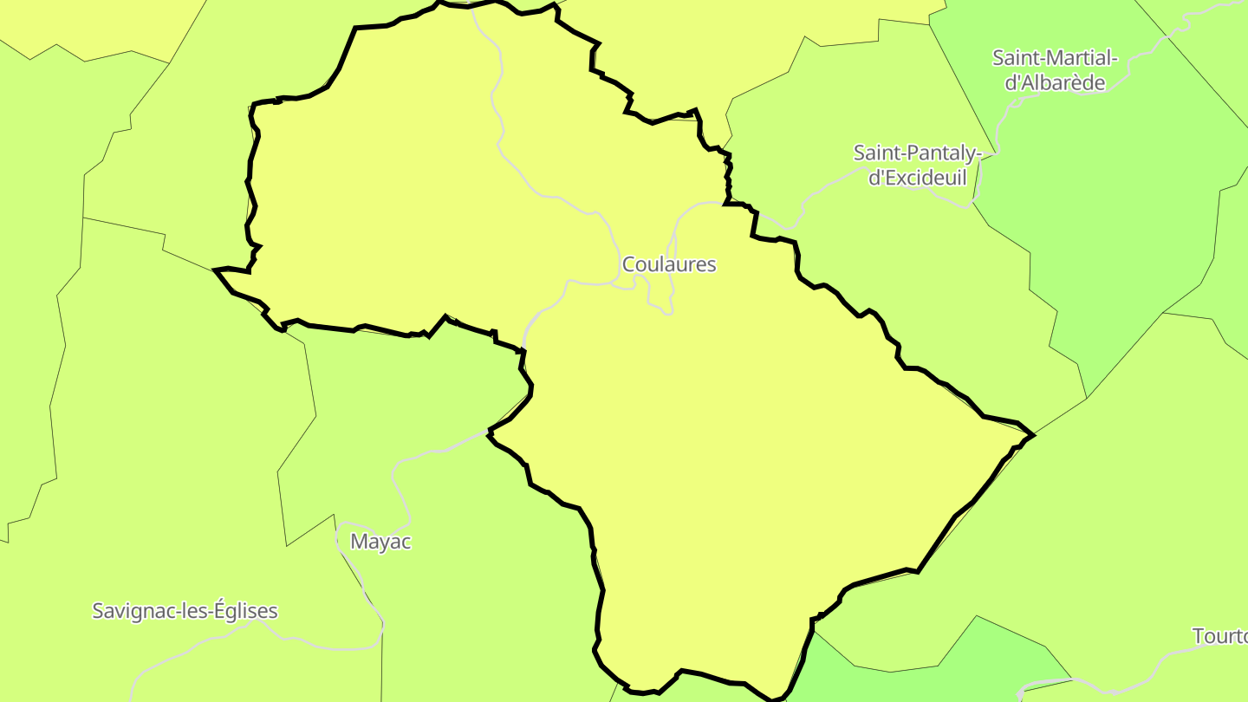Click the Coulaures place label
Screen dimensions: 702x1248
click(669, 264)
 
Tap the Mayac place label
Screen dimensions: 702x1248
click(380, 542)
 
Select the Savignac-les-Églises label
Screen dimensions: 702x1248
click(185, 611)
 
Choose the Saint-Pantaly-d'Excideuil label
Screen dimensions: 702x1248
click(918, 166)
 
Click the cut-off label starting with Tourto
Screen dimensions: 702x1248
click(1219, 636)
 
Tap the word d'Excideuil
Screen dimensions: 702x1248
click(917, 179)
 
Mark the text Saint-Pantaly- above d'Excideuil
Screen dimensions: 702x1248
click(918, 153)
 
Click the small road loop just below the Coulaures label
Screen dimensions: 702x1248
click(660, 299)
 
